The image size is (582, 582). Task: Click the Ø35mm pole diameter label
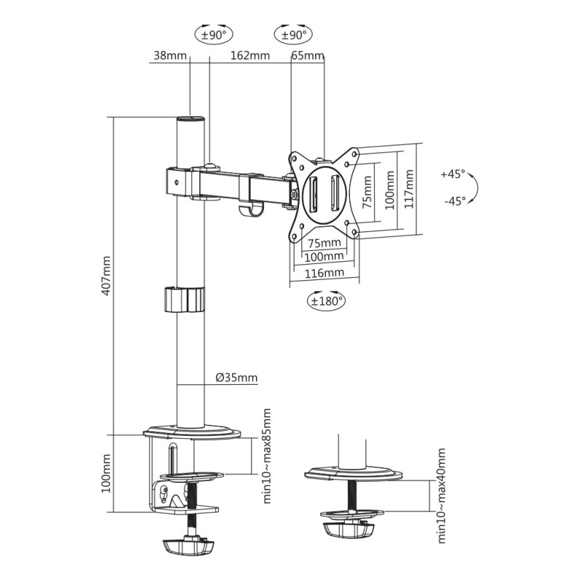click(x=236, y=378)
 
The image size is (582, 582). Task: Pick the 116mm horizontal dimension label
click(x=324, y=273)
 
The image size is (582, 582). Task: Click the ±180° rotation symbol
click(x=324, y=298)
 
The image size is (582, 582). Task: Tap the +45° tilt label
click(x=453, y=175)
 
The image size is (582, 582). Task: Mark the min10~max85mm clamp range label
click(x=266, y=456)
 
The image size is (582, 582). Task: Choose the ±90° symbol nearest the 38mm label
click(x=212, y=34)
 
